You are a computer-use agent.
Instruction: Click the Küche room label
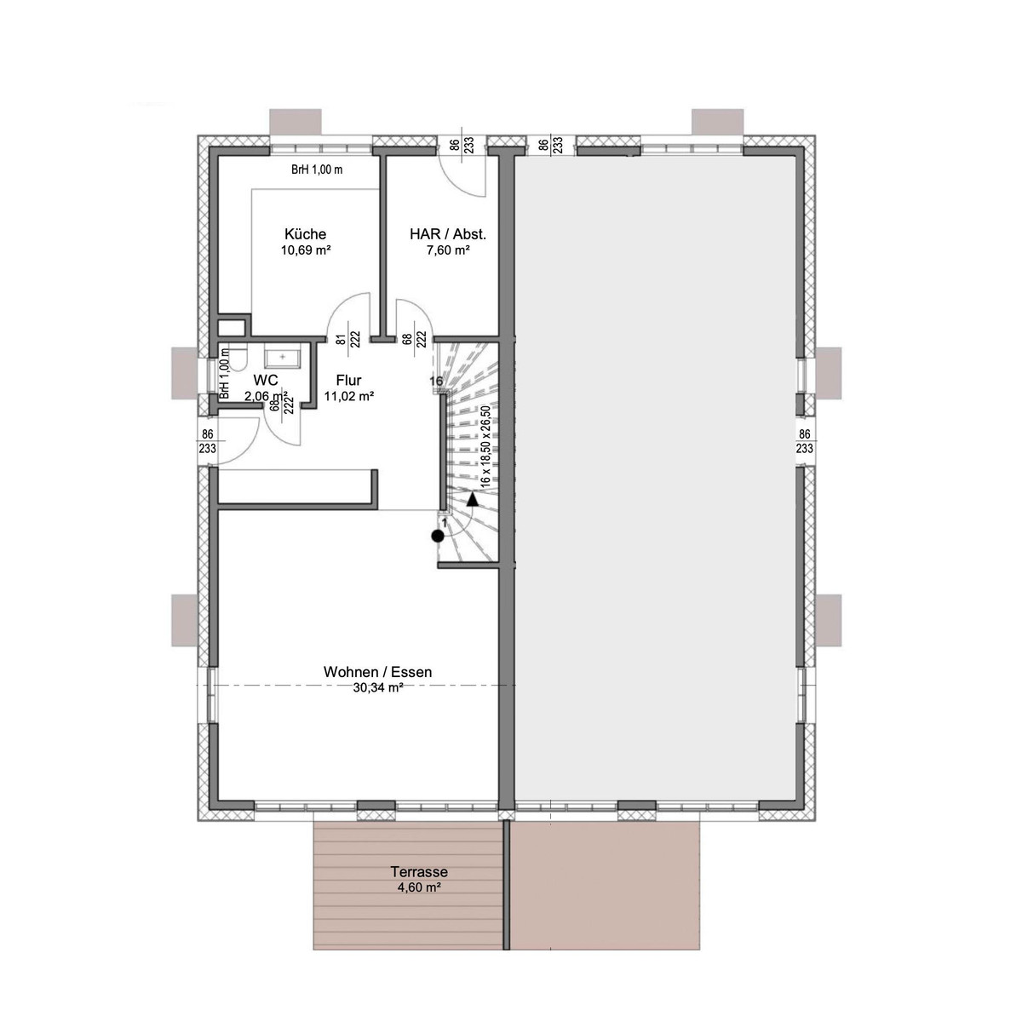tap(305, 234)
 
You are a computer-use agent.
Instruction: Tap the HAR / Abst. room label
tap(448, 234)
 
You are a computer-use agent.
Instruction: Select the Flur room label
tap(348, 380)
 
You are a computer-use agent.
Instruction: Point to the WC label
tap(265, 380)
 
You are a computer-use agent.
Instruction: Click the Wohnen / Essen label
tap(377, 672)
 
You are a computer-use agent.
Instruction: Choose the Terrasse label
tap(419, 872)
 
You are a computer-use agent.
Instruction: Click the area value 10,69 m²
tap(306, 250)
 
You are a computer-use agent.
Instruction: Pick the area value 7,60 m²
tap(448, 250)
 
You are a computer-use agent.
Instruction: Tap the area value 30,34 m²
tap(377, 688)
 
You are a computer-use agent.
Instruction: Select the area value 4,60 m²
tap(420, 887)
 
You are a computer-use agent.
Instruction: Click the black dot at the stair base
tap(437, 537)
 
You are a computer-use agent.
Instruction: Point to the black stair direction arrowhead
tap(473, 499)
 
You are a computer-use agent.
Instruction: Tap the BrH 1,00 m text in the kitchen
tap(317, 169)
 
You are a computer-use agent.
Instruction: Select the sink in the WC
tap(282, 358)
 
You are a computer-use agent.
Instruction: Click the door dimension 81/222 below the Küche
tap(348, 338)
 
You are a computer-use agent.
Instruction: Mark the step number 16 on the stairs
tap(436, 381)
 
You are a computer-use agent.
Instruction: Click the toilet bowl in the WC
tap(239, 359)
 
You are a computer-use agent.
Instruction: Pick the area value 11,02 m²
tap(349, 396)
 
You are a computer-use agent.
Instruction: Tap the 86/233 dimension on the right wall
tap(804, 441)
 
